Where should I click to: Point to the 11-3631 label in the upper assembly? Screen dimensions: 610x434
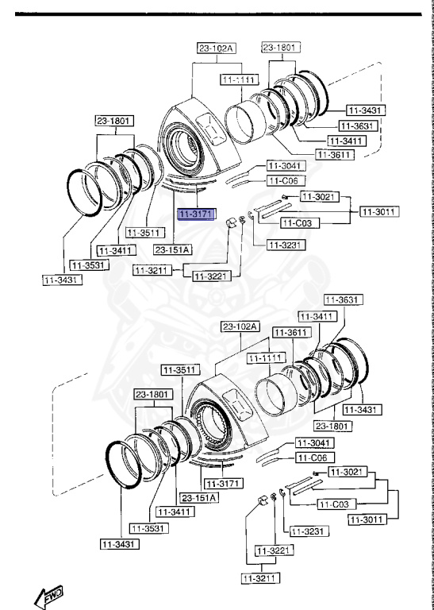(x=357, y=125)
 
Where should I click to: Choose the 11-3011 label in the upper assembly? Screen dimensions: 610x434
(x=379, y=211)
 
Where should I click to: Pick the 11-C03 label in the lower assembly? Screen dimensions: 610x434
(x=337, y=504)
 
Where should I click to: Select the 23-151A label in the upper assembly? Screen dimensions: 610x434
(x=175, y=249)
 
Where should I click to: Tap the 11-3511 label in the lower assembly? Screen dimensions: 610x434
(x=179, y=369)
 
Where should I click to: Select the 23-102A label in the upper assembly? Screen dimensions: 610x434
(x=217, y=48)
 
